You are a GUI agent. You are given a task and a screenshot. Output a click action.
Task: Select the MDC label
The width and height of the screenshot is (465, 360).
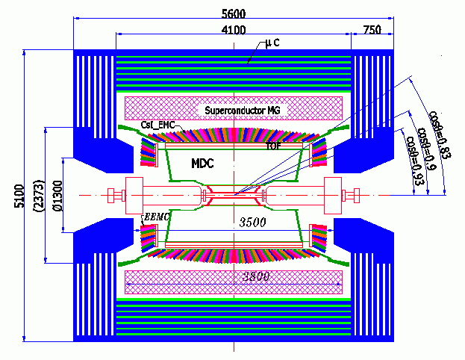click(204, 162)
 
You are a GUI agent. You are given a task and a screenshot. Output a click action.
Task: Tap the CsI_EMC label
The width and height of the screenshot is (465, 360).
click(157, 125)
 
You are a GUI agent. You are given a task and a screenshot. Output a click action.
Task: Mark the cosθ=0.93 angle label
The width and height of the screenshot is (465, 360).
click(411, 152)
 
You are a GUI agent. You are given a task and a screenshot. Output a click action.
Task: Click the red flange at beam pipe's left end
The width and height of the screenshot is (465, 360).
click(114, 196)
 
